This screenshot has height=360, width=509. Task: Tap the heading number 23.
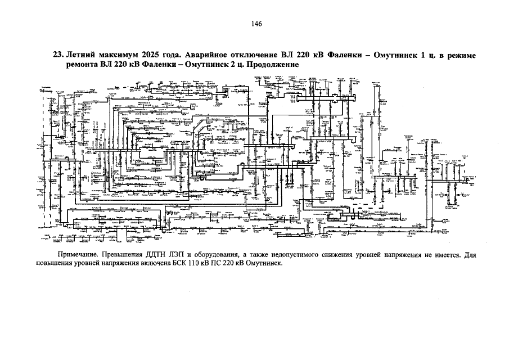57,56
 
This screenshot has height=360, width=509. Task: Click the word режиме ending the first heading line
461,56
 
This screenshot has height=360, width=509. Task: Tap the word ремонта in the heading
82,65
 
